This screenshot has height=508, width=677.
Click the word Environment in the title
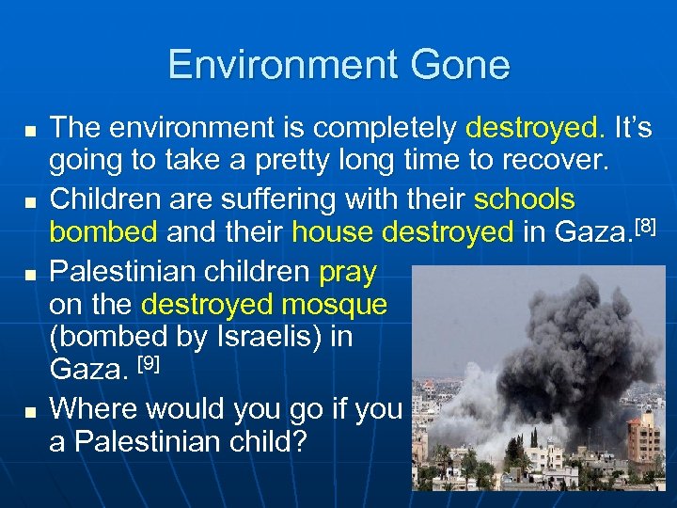(278, 66)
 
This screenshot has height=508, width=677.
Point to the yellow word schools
(525, 200)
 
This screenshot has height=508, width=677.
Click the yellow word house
(334, 230)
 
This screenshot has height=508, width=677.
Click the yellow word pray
(347, 273)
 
